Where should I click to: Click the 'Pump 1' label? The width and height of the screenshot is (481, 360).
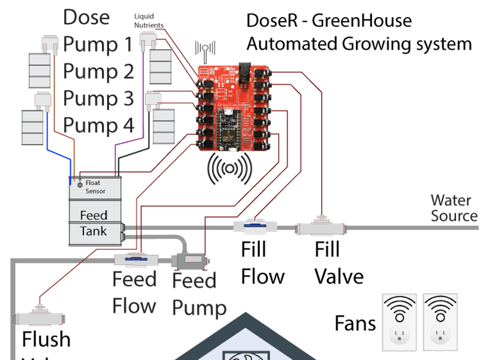coord(98,44)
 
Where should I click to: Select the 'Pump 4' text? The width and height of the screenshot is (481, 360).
coord(98,126)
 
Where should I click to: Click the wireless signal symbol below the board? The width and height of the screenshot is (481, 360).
coord(230,168)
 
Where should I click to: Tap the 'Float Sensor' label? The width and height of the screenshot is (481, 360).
coord(96,187)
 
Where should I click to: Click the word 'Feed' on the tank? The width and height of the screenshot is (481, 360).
coord(94,215)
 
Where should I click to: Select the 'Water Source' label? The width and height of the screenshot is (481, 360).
coord(453,208)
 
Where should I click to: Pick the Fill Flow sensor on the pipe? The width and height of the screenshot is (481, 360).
coord(254,226)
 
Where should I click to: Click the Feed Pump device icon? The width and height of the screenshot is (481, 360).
coord(190,261)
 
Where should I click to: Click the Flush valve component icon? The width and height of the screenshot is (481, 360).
coord(38,318)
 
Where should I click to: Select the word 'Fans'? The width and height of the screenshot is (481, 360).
coord(355,323)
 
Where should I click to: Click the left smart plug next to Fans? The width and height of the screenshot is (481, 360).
coord(399,322)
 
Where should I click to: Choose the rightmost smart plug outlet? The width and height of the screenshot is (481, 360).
coord(440,322)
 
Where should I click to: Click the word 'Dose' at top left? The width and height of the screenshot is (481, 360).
coord(86,17)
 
